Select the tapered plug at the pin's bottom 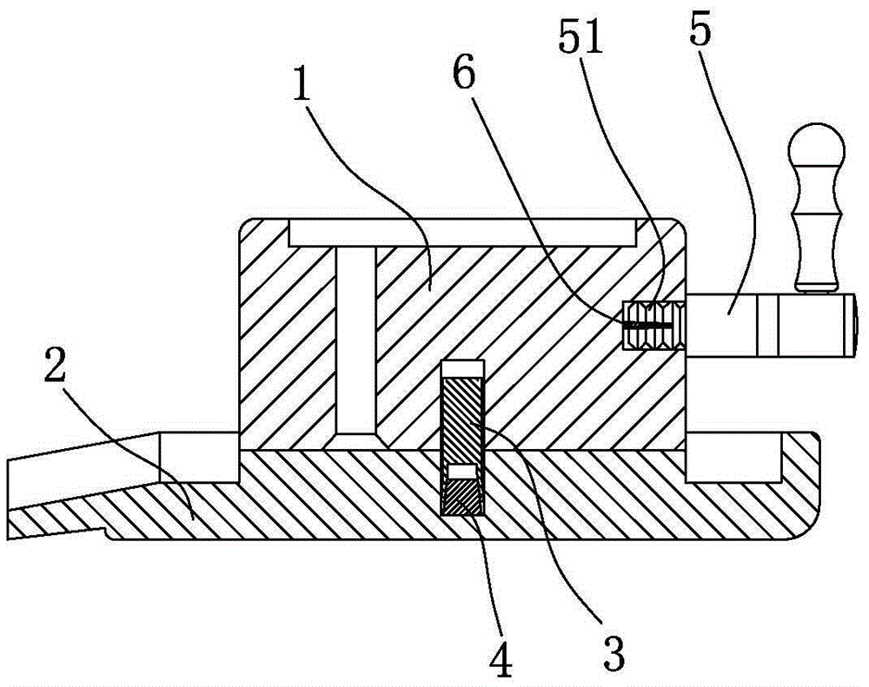462,497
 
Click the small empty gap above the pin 462,368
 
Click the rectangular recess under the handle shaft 734,457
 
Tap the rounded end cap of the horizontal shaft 853,326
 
